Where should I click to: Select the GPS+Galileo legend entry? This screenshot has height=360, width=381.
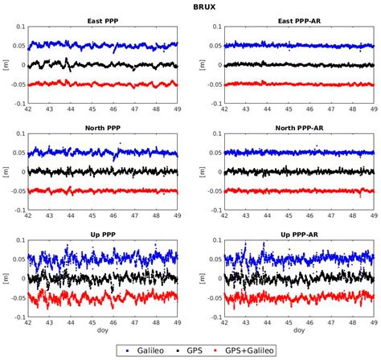tap(248, 350)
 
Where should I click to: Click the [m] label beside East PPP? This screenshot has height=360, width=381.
tap(6, 64)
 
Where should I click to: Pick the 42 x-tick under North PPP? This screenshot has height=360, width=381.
tap(29, 216)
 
